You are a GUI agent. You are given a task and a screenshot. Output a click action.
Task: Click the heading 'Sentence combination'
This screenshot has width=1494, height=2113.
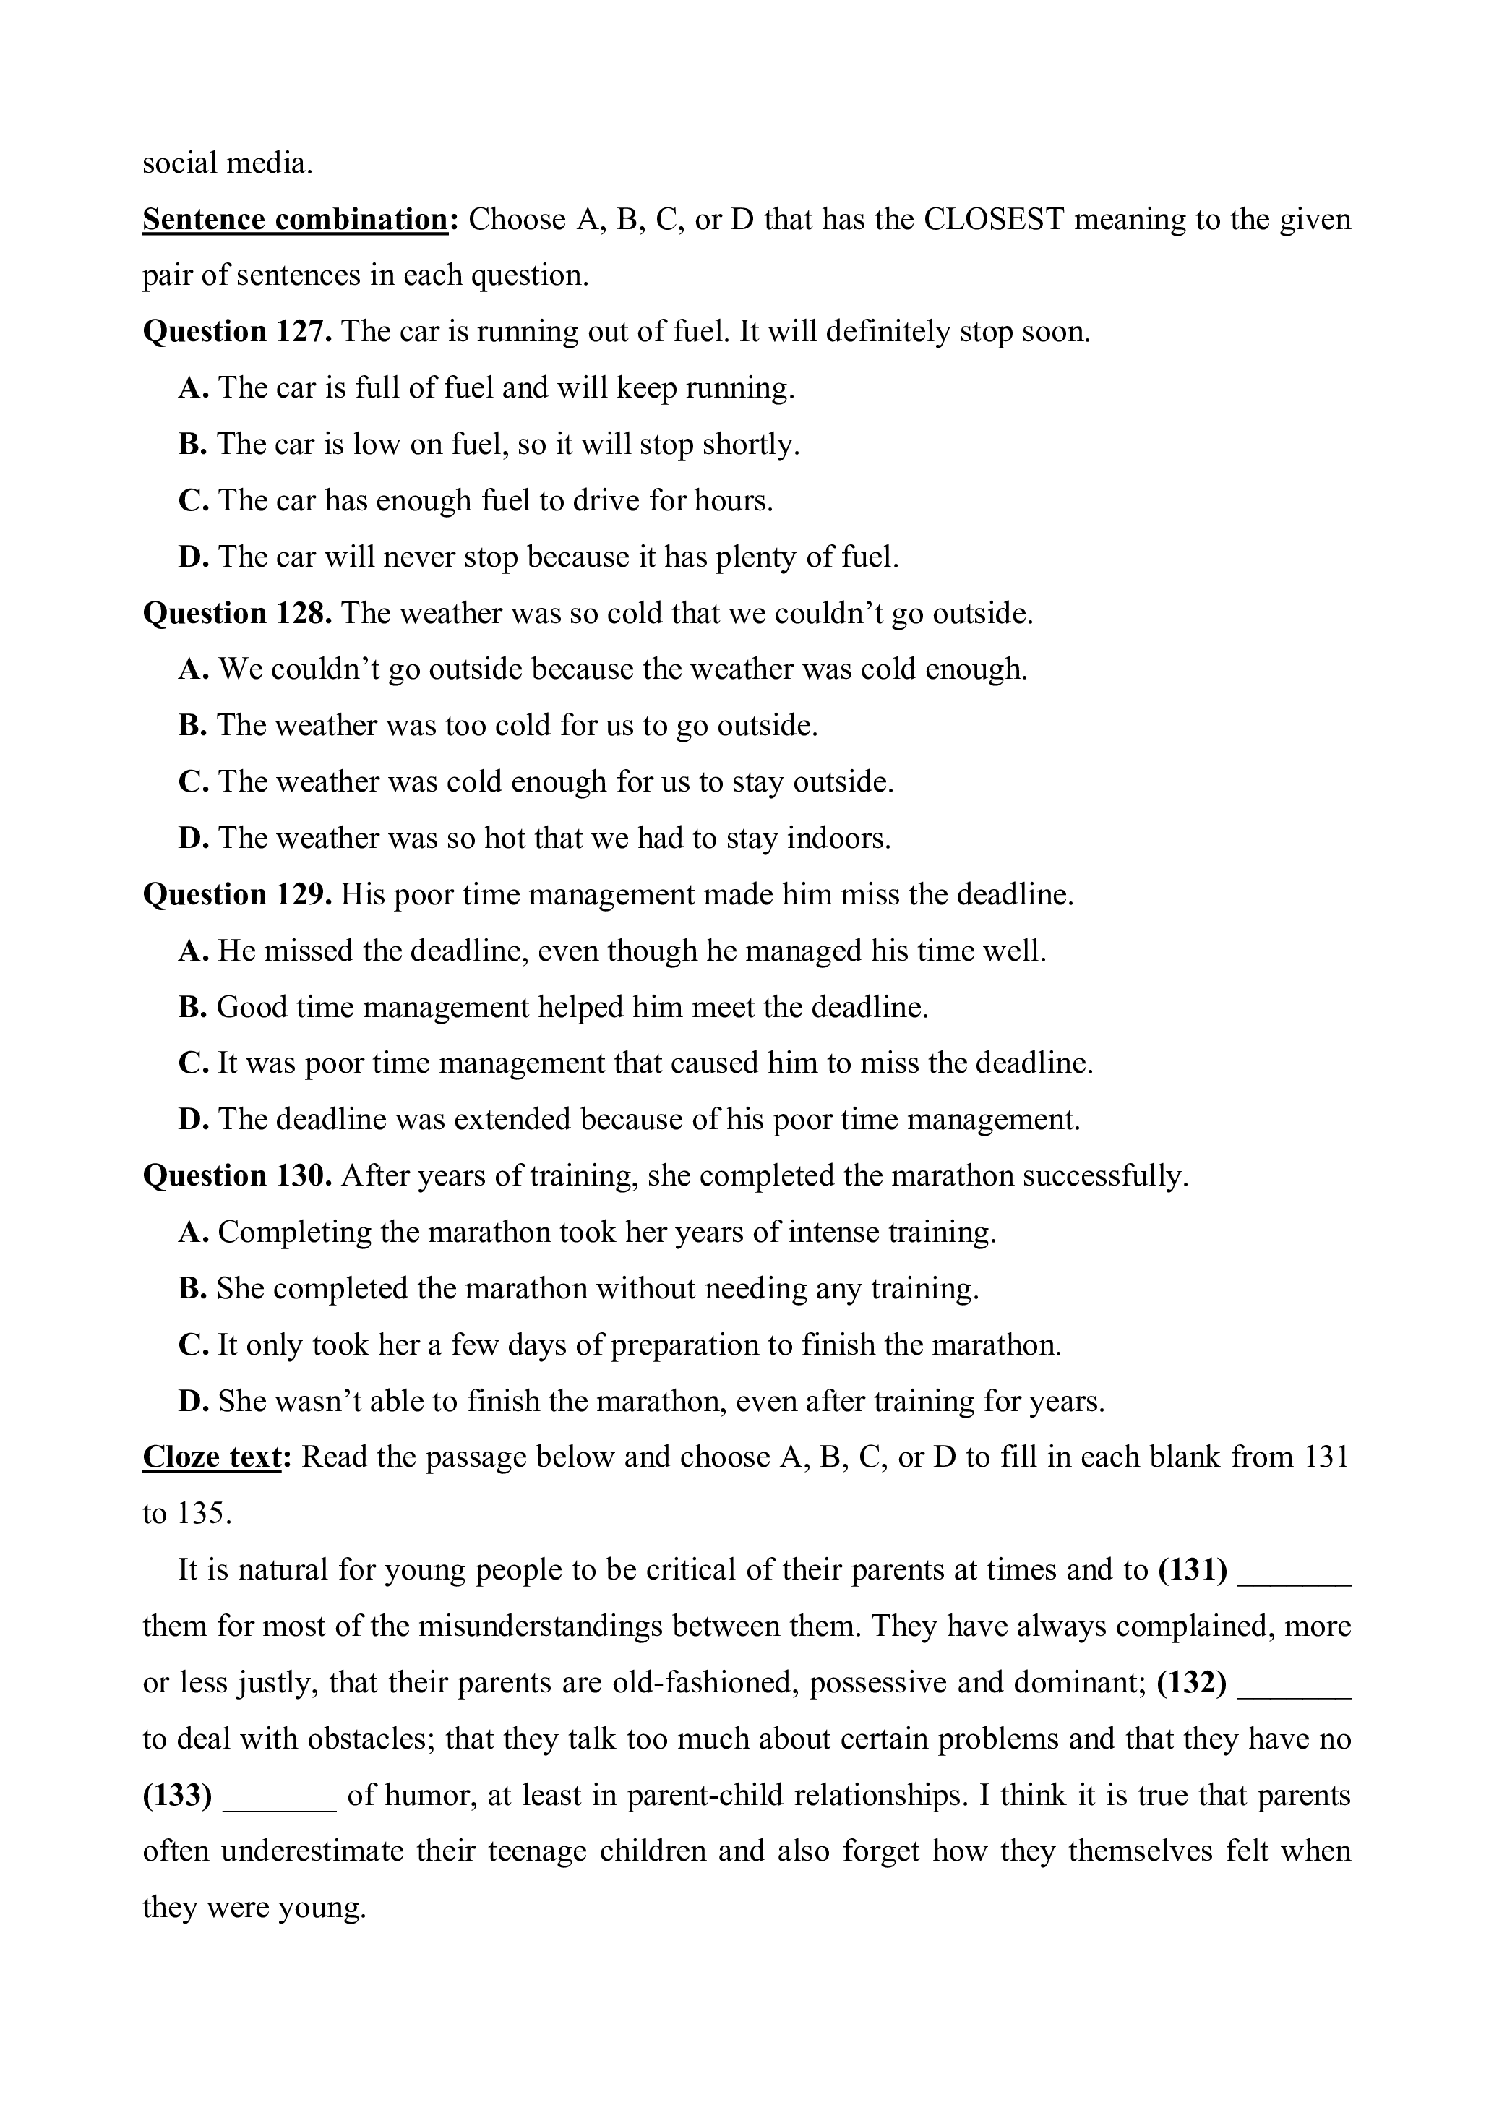294,220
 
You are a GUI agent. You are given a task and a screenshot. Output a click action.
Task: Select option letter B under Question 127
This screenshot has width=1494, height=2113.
192,445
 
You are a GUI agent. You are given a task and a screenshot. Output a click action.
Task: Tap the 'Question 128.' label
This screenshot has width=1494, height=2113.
236,613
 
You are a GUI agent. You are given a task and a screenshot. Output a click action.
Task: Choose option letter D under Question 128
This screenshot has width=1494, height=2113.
192,839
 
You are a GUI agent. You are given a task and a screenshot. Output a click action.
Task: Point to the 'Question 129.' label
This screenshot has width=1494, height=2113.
236,894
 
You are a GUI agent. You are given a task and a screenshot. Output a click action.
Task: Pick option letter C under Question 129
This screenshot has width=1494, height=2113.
192,1064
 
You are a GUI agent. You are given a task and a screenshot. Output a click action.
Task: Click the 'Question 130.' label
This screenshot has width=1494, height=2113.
236,1176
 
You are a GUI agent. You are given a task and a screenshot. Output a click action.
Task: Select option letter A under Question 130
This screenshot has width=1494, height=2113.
192,1233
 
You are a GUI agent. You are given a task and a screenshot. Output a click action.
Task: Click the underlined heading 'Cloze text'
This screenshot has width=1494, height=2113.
212,1458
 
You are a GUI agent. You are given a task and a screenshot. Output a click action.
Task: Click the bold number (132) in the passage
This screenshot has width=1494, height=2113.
1191,1683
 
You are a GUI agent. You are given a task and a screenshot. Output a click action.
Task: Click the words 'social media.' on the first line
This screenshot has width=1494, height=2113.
227,164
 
